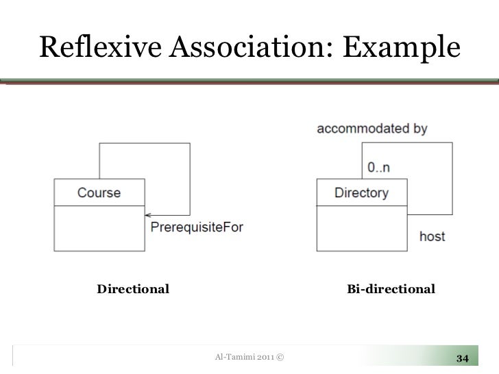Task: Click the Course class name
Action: coord(99,192)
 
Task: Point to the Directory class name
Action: coord(361,192)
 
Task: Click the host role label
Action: coord(432,236)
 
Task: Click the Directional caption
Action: coord(133,289)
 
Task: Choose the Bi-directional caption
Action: coord(391,289)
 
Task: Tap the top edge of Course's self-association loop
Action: coord(145,143)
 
